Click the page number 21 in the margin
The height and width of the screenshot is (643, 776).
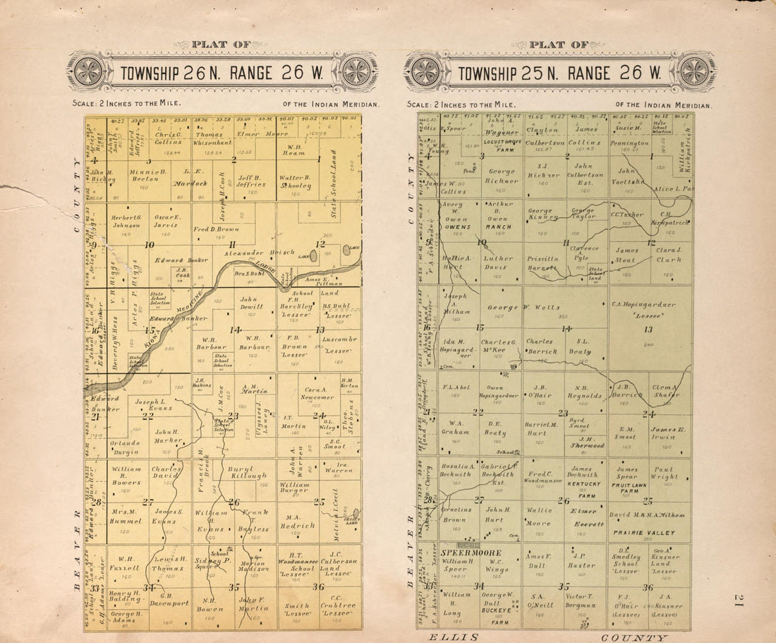(738, 600)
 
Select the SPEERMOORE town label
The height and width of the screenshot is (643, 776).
(472, 553)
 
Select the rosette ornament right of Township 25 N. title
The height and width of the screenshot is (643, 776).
(694, 71)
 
